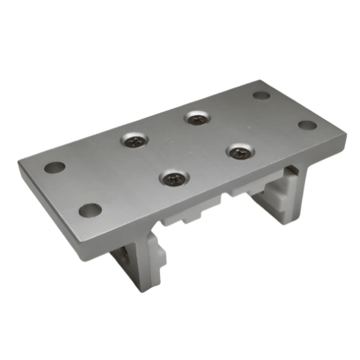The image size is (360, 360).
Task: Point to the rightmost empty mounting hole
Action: pos(307,125)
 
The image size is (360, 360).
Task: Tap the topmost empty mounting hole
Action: pos(261,95)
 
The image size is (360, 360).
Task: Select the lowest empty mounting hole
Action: pos(90,210)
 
